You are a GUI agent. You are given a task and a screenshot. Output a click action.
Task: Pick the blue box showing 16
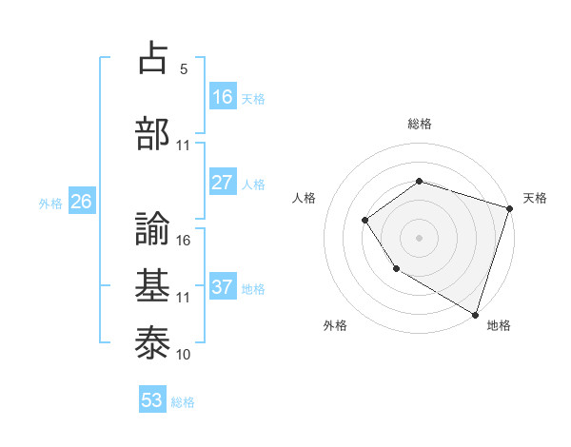click(223, 97)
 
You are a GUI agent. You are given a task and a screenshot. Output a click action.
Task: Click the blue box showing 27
click(223, 183)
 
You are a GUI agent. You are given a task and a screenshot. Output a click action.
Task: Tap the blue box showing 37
click(223, 287)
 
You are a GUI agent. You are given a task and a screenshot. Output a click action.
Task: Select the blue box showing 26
click(82, 202)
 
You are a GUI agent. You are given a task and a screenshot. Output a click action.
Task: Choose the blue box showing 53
click(152, 400)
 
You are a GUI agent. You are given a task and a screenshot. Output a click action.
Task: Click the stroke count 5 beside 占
click(184, 69)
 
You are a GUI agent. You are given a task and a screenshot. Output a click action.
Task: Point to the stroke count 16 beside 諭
click(184, 241)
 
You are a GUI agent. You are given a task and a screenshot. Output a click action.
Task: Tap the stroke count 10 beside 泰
click(184, 355)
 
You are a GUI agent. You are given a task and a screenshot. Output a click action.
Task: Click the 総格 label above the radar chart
click(420, 124)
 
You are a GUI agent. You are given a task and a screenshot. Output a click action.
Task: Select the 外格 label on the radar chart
click(335, 325)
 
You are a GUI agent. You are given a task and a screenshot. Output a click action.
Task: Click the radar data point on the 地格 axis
click(475, 314)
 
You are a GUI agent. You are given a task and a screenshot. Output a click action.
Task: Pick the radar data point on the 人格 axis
click(365, 221)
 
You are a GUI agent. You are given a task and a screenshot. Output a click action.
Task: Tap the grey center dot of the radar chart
click(420, 238)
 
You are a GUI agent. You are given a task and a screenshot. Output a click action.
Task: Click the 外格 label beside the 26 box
click(50, 203)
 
